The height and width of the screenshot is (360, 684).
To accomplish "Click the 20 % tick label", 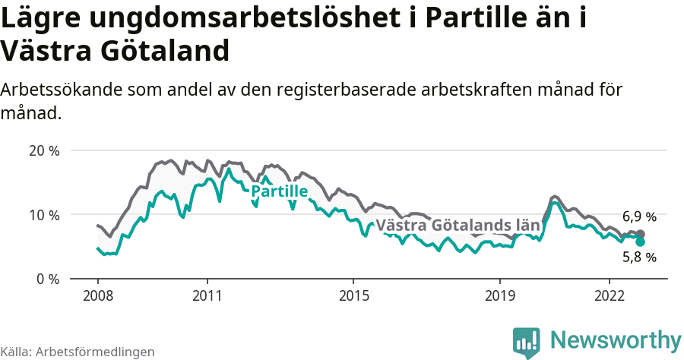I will pos(44,150).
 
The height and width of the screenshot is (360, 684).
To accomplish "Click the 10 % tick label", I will pos(44,215).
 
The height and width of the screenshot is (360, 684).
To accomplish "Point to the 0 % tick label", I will pos(48,279).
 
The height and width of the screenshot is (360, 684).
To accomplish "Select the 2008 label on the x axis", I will pos(98,295).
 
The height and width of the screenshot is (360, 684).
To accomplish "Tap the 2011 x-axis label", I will pos(207,295).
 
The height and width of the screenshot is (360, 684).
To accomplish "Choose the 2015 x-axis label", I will pos(353,295).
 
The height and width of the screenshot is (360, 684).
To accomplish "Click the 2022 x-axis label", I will pos(610,295).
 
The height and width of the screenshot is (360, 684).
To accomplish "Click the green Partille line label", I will pos(279,191).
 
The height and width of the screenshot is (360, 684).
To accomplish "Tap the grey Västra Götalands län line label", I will pos(458,226).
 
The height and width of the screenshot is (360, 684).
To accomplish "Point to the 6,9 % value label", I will pos(639,217).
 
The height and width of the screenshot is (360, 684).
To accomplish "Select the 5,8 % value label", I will pos(639,257).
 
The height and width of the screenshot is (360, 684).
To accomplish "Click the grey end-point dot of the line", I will pos(640,234).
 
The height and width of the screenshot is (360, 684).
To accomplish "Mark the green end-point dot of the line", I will pos(640,242).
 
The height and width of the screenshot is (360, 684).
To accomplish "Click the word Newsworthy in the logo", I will pos(616,340).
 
